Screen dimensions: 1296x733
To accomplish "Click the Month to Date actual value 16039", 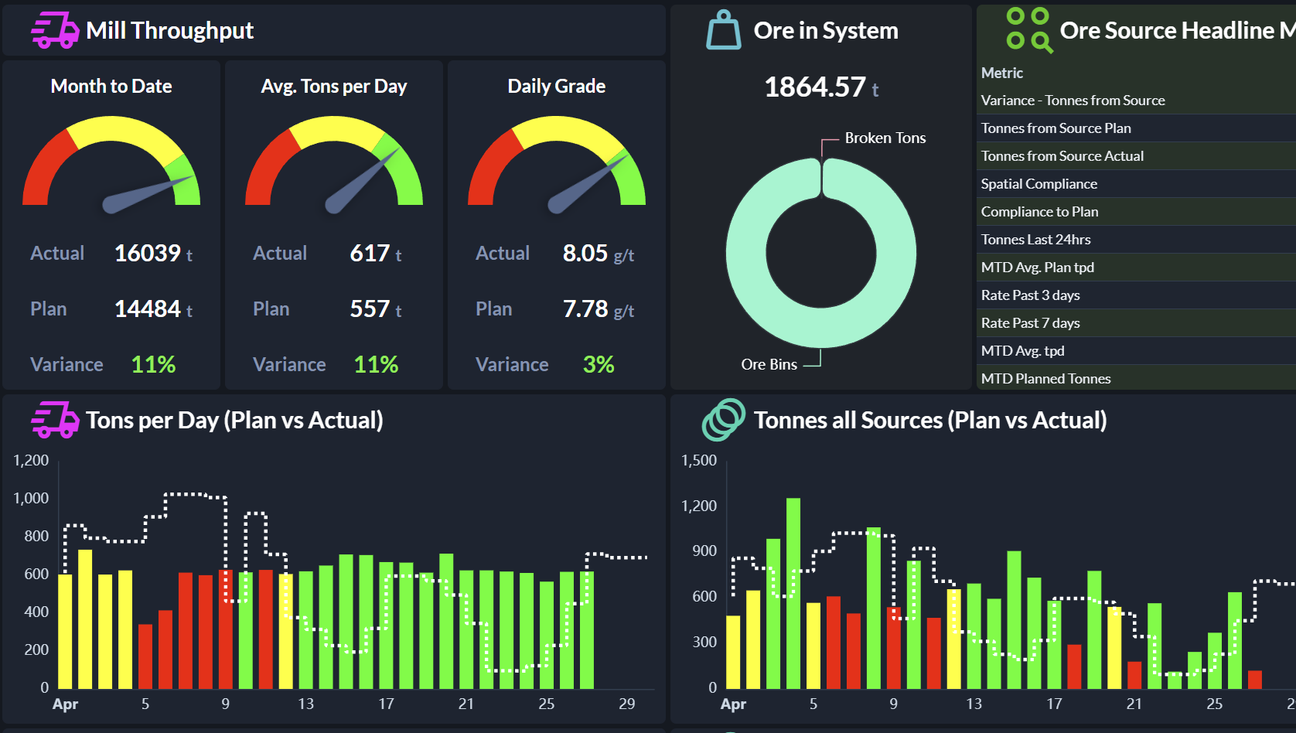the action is tap(148, 254).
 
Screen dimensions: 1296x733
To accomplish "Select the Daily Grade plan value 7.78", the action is tap(585, 309).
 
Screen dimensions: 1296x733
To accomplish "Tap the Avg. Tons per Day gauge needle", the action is tap(363, 180).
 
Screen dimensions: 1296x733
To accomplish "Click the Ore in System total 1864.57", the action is tap(814, 87).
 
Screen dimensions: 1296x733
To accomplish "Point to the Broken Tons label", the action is tap(885, 138).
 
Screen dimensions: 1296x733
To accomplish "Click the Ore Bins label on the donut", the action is tap(769, 364).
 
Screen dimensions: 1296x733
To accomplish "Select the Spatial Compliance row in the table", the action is tap(1039, 184).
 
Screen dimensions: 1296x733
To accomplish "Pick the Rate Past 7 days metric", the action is tap(1031, 323).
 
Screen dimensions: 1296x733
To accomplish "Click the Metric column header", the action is tap(1002, 73).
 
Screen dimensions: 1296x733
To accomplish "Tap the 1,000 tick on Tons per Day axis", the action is tap(31, 498).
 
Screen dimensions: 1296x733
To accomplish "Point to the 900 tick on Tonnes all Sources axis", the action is tap(704, 551).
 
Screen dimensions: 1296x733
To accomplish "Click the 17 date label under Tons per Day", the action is tap(386, 704).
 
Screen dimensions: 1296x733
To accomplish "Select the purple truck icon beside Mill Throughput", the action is tap(55, 30).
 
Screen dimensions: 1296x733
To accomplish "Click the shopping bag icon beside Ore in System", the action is tap(723, 30).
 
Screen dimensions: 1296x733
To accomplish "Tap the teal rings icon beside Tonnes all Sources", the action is tap(723, 420).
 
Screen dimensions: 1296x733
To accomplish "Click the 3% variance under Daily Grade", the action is tap(599, 364).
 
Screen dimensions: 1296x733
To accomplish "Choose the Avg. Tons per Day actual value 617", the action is tap(370, 254).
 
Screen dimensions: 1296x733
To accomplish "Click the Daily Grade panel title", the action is tap(557, 86).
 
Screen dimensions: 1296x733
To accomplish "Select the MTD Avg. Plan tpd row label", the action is tap(1038, 268).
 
